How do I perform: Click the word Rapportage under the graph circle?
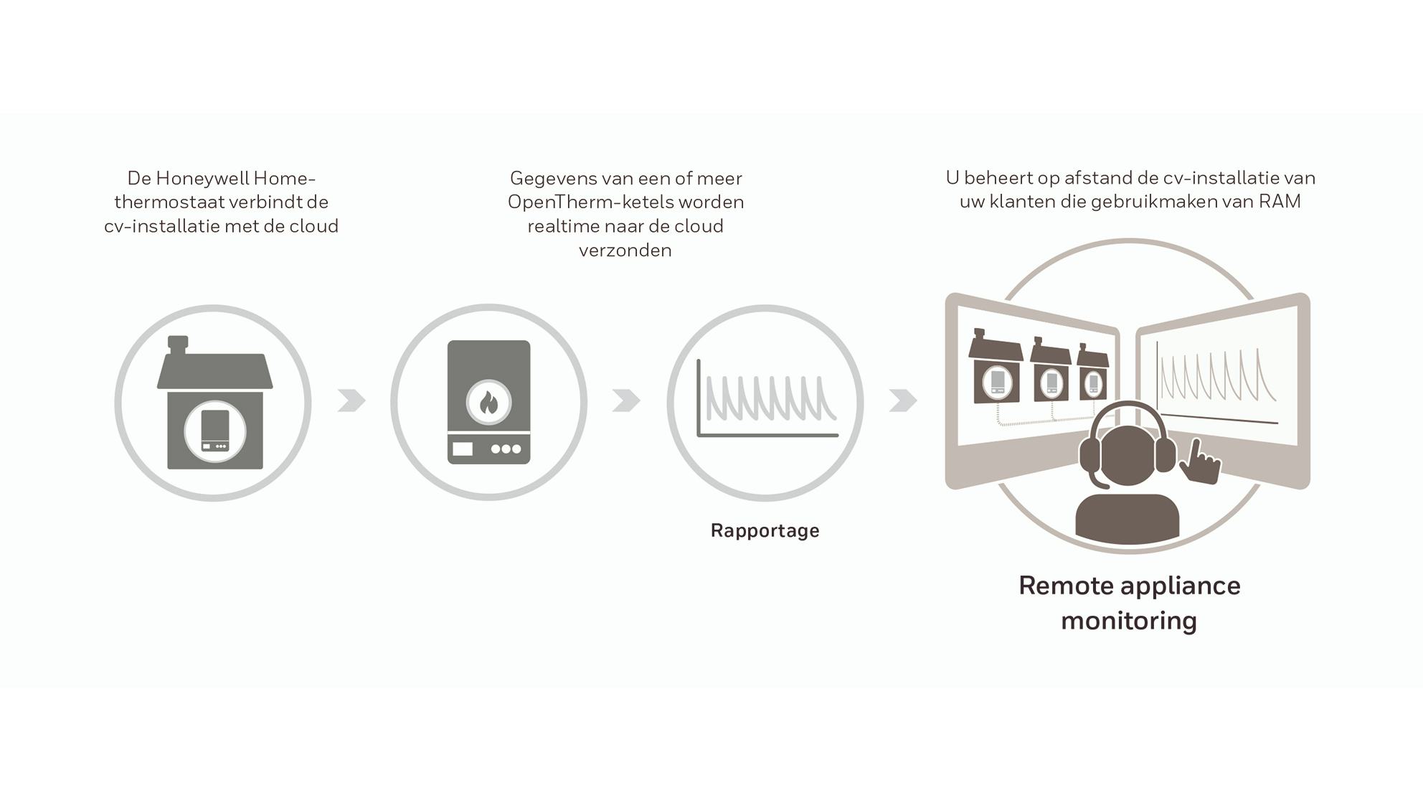tap(765, 530)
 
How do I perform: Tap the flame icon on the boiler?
tap(488, 403)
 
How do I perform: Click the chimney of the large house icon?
tap(178, 344)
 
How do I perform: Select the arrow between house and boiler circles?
tap(351, 400)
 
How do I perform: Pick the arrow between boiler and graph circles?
tap(626, 400)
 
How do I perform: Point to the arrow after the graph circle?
tap(902, 400)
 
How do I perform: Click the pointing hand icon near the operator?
tap(1199, 463)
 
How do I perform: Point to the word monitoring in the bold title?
tap(1129, 620)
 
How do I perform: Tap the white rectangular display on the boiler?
tap(463, 449)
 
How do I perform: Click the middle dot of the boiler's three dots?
tap(506, 449)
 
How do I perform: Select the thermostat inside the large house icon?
tap(215, 431)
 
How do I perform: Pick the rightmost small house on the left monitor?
tap(1093, 373)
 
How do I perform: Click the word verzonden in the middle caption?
tap(625, 250)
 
